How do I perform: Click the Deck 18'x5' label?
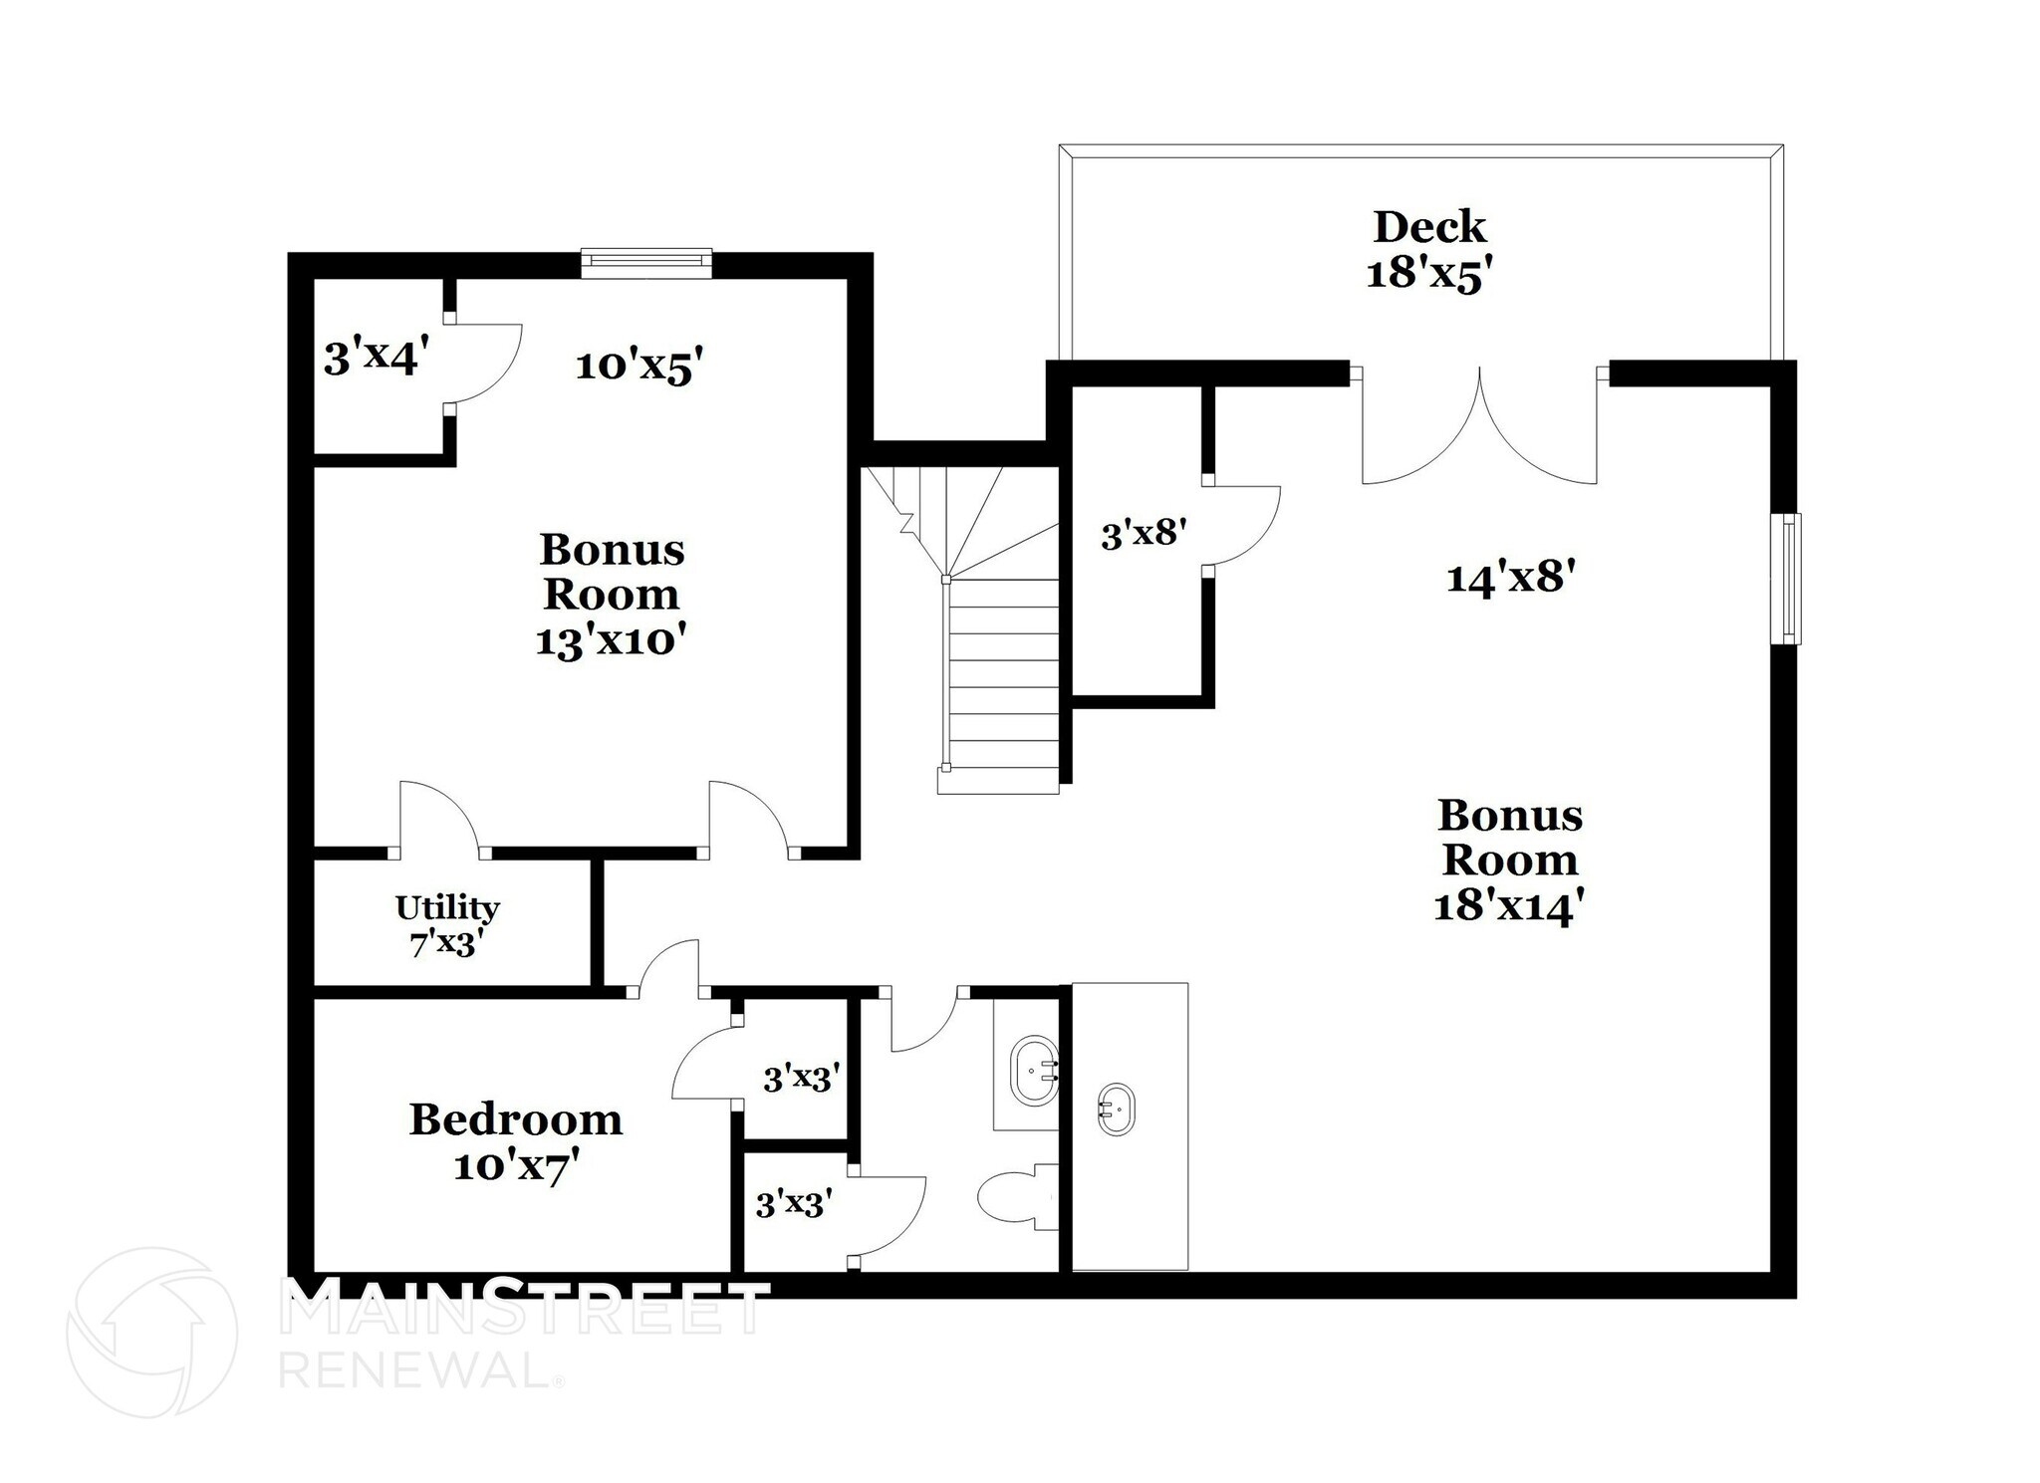(x=1428, y=250)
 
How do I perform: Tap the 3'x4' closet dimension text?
(x=377, y=357)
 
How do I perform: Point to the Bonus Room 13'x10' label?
(x=612, y=595)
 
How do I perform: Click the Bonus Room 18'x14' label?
(x=1509, y=861)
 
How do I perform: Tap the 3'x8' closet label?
(x=1144, y=535)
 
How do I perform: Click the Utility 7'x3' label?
(x=447, y=925)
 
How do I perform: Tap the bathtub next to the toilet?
(x=1034, y=1071)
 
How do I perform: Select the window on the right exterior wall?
(x=1790, y=579)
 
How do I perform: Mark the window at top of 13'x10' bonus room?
(x=646, y=261)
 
